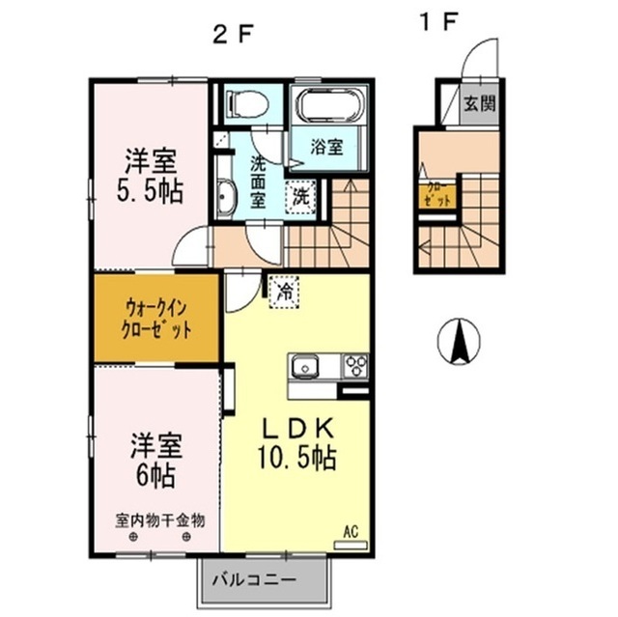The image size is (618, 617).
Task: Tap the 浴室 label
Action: tap(327, 148)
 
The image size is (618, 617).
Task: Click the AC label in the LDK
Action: tap(351, 530)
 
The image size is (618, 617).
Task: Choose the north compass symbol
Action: tap(461, 340)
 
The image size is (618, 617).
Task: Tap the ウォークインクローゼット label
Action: tap(156, 319)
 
